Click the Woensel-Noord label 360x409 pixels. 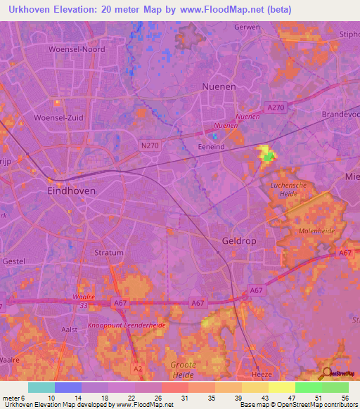tap(77, 49)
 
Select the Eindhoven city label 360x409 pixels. tap(71, 190)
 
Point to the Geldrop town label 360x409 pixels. tap(237, 240)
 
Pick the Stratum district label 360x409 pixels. tap(108, 252)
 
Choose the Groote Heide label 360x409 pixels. tap(184, 370)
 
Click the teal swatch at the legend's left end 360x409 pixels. tap(41, 387)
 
